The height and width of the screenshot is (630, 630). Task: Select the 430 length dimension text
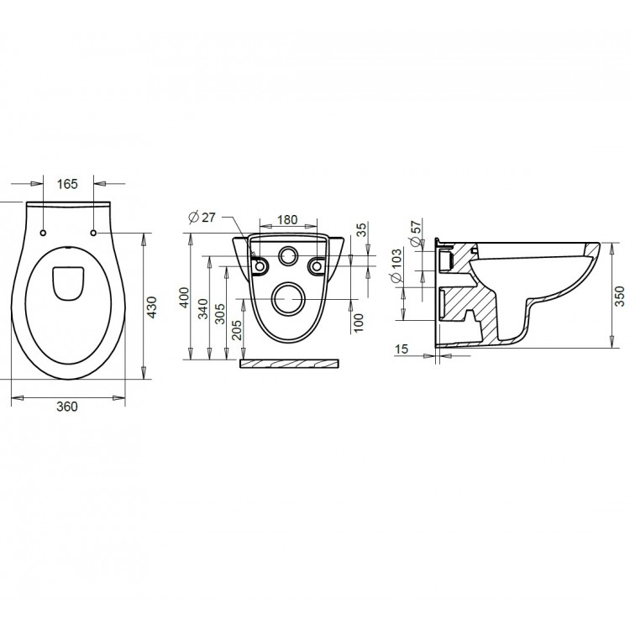pyautogui.click(x=153, y=309)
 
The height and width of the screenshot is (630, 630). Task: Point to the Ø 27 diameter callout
pyautogui.click(x=202, y=218)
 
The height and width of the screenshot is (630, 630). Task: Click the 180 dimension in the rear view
pyautogui.click(x=287, y=219)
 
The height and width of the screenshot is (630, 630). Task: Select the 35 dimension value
pyautogui.click(x=361, y=229)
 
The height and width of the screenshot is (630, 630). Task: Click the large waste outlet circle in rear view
pyautogui.click(x=288, y=298)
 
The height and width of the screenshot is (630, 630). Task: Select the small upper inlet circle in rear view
pyautogui.click(x=288, y=256)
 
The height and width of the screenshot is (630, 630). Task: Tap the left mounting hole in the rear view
pyautogui.click(x=260, y=266)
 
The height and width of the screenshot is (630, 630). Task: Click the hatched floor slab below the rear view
pyautogui.click(x=290, y=365)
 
